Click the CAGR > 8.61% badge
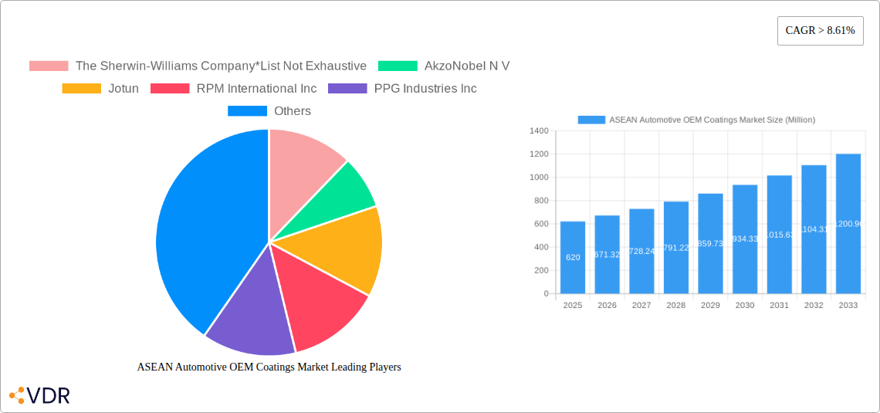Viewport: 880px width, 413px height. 820,31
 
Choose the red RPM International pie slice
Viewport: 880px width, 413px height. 320,305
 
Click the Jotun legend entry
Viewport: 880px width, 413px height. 100,89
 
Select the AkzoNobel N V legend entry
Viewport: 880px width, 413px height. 444,66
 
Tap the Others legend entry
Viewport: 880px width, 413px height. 269,111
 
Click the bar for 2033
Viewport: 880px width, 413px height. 848,224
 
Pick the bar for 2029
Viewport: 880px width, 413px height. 710,243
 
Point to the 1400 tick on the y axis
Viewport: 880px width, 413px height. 538,131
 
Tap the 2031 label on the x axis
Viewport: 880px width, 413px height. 779,306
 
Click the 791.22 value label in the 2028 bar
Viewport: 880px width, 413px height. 675,248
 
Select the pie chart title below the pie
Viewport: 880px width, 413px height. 269,367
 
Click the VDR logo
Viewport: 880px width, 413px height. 39,396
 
